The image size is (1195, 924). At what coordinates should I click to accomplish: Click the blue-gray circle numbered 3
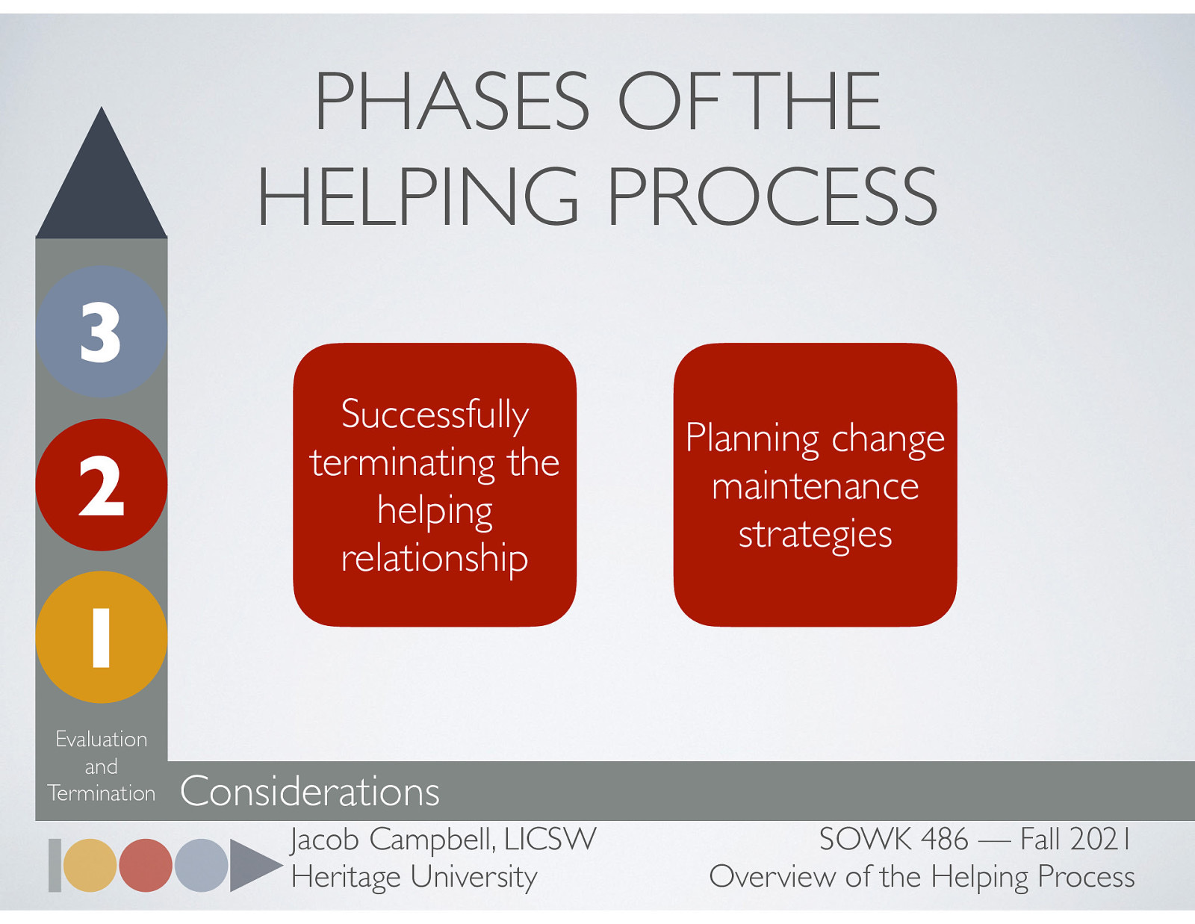point(101,332)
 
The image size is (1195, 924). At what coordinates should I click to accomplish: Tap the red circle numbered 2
point(101,485)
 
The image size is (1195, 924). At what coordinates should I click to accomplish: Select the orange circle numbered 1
point(101,637)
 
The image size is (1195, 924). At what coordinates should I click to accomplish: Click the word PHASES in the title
point(452,102)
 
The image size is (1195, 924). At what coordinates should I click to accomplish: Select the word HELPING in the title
point(418,196)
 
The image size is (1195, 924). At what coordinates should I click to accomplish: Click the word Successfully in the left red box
point(435,415)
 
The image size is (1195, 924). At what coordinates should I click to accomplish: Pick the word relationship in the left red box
point(435,558)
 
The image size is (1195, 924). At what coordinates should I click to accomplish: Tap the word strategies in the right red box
point(815,535)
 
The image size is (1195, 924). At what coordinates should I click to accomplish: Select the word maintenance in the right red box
point(815,487)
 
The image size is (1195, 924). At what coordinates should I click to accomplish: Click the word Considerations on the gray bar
point(309,791)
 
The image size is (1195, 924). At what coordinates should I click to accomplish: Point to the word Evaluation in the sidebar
point(102,739)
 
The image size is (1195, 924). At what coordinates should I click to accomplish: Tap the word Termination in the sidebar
point(102,793)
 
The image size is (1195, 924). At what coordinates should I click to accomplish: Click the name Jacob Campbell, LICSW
point(443,839)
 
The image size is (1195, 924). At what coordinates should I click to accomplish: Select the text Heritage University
point(414,876)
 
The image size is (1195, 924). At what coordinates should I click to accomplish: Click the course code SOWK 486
point(893,839)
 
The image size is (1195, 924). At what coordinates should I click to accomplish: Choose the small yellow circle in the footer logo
point(90,865)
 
